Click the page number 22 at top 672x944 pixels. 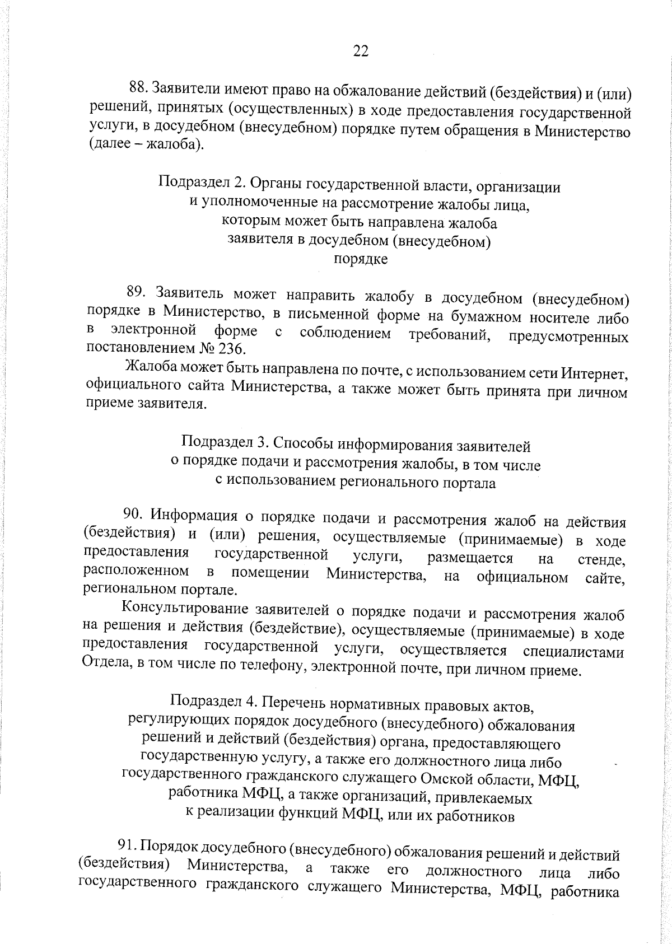click(361, 52)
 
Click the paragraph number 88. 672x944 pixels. click(138, 88)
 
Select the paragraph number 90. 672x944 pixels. click(134, 514)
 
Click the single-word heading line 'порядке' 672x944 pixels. click(360, 260)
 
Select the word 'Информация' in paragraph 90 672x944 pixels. click(193, 514)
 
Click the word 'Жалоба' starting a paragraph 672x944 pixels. click(148, 368)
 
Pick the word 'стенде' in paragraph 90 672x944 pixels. click(601, 559)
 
